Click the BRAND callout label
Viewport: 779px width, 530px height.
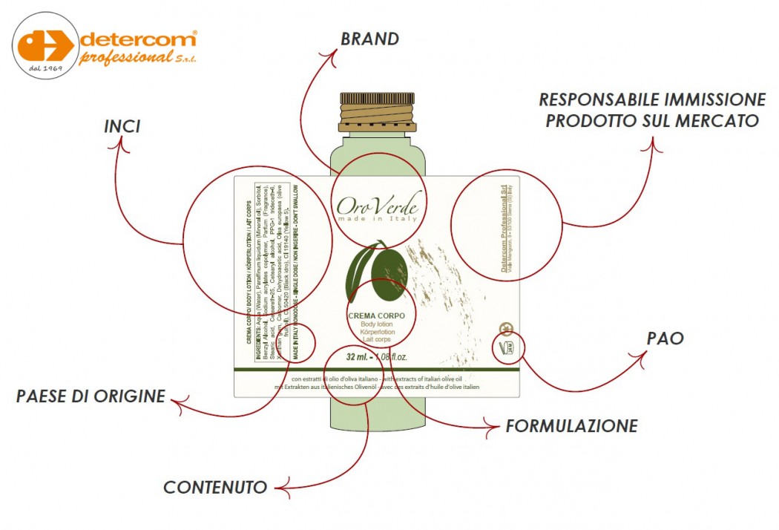pos(369,39)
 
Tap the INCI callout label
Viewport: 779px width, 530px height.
pos(122,127)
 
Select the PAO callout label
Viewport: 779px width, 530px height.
pos(664,338)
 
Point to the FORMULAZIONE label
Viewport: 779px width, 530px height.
pos(571,426)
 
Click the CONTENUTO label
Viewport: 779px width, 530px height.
pos(215,488)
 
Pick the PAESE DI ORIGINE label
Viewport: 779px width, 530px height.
pos(91,396)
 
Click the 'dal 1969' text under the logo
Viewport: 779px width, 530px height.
pos(45,69)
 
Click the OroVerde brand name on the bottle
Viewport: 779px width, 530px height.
pos(379,203)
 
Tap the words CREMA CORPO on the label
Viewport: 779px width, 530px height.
pos(376,316)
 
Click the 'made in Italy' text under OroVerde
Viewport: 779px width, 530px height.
pos(378,219)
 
